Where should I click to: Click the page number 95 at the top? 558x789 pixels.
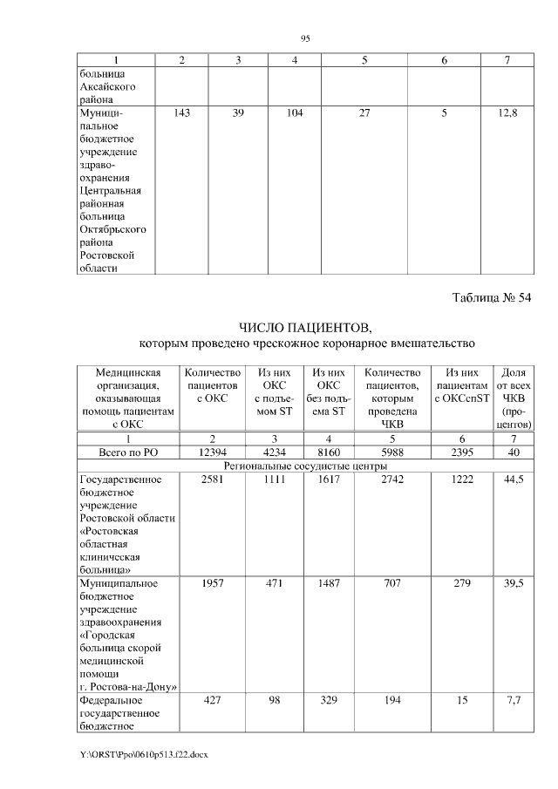pyautogui.click(x=305, y=38)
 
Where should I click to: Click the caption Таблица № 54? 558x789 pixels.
pyautogui.click(x=491, y=298)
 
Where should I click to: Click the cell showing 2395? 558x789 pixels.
pyautogui.click(x=462, y=452)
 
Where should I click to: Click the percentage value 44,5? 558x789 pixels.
pyautogui.click(x=514, y=480)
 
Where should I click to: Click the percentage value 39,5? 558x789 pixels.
pyautogui.click(x=514, y=582)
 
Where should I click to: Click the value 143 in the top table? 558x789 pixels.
pyautogui.click(x=181, y=113)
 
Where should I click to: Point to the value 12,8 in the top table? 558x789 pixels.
pyautogui.click(x=507, y=113)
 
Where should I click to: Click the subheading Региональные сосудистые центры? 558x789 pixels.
pyautogui.click(x=304, y=466)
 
